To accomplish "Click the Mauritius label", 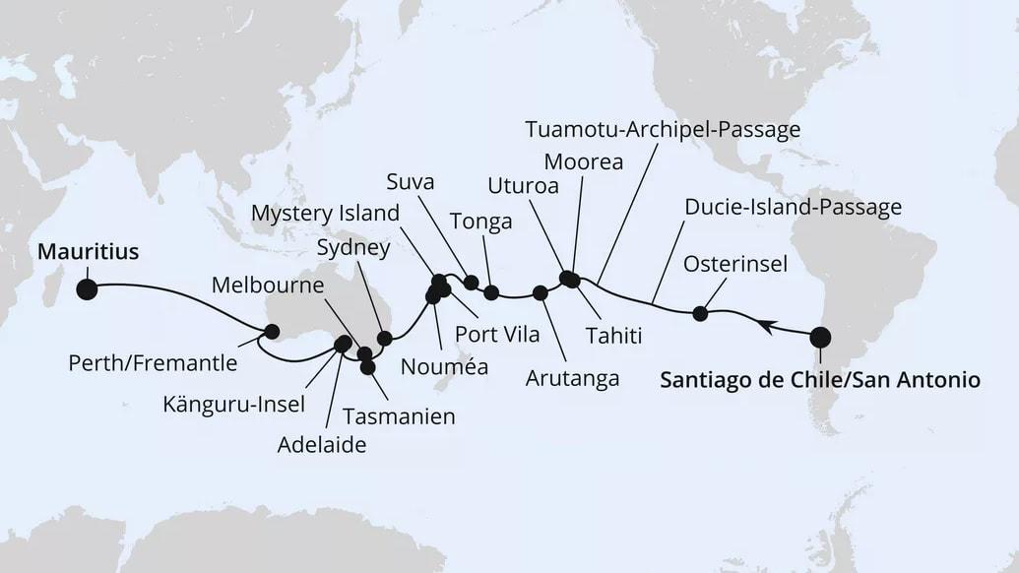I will pyautogui.click(x=88, y=252).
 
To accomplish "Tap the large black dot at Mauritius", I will pyautogui.click(x=87, y=289).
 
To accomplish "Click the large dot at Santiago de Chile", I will pyautogui.click(x=820, y=339).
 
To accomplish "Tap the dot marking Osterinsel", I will pyautogui.click(x=700, y=314).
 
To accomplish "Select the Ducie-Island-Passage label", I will pyautogui.click(x=792, y=208).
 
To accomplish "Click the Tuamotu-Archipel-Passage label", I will pyautogui.click(x=663, y=129).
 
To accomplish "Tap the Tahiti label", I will pyautogui.click(x=613, y=336).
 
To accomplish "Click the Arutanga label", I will pyautogui.click(x=572, y=377).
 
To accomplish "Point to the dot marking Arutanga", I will pyautogui.click(x=540, y=292).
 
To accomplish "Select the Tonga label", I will pyautogui.click(x=480, y=222).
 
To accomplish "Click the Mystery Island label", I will pyautogui.click(x=325, y=213).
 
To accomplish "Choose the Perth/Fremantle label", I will pyautogui.click(x=153, y=363).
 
